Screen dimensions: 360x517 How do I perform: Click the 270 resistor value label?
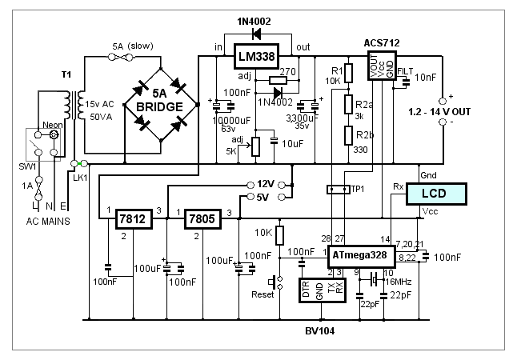289,71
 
